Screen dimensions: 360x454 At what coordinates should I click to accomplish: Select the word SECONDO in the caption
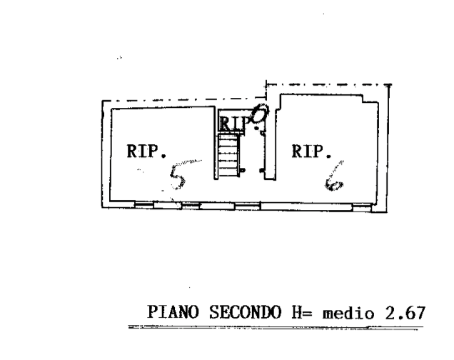(239, 313)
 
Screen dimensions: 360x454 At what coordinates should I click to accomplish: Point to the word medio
(347, 314)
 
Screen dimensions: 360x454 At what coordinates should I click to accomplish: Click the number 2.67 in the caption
(404, 313)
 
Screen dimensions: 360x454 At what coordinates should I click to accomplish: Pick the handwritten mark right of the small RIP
(260, 116)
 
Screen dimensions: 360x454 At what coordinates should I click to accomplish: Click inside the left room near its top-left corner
(118, 114)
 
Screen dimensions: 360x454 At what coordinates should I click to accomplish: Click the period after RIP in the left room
(163, 155)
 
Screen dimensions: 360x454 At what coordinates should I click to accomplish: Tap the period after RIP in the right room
(329, 155)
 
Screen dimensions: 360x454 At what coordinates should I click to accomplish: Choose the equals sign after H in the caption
(309, 313)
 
